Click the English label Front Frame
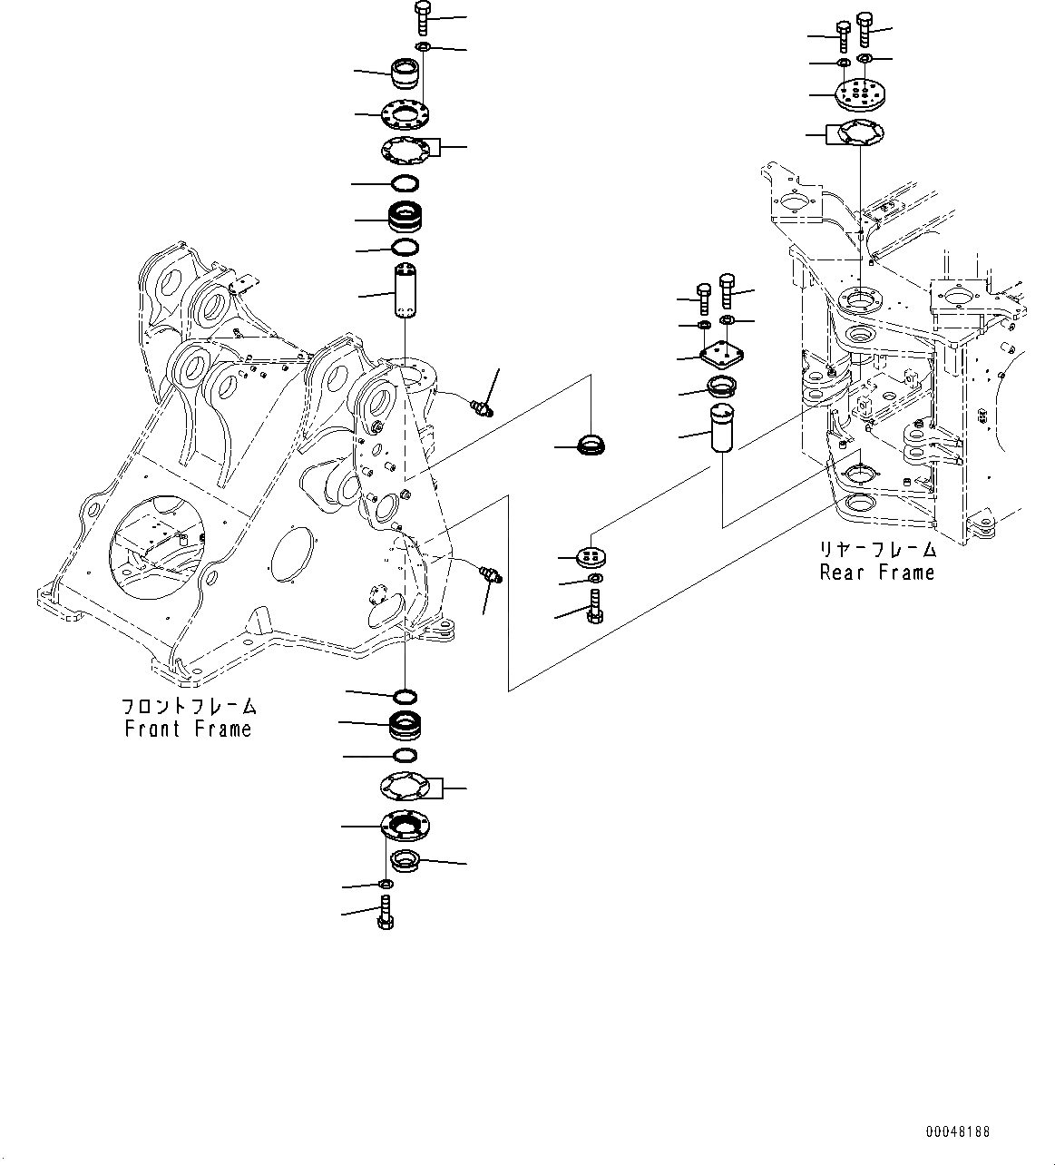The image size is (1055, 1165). pyautogui.click(x=188, y=729)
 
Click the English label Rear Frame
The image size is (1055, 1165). pyautogui.click(x=876, y=573)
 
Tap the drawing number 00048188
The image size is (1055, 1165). pyautogui.click(x=958, y=1132)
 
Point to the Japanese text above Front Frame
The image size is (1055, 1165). pyautogui.click(x=189, y=706)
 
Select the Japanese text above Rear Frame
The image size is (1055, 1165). pyautogui.click(x=877, y=550)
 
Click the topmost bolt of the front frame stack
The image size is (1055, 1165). pyautogui.click(x=424, y=18)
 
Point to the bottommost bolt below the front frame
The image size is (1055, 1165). pyautogui.click(x=385, y=911)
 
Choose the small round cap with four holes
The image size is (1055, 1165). pyautogui.click(x=592, y=556)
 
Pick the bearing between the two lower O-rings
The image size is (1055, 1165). pyautogui.click(x=405, y=724)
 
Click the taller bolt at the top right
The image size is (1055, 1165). pyautogui.click(x=865, y=29)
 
